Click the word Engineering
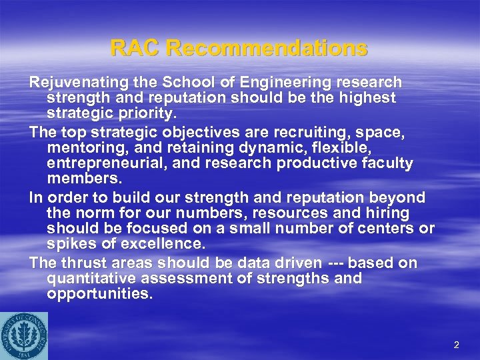click(x=277, y=83)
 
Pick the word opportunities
click(x=99, y=295)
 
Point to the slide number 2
click(x=457, y=345)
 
